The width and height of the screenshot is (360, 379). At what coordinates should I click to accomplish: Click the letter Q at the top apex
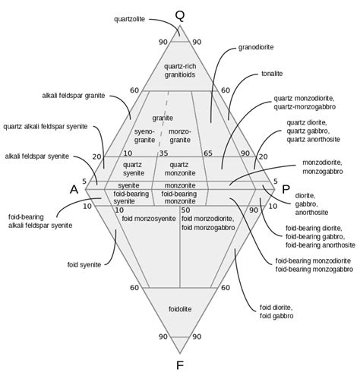[179, 15]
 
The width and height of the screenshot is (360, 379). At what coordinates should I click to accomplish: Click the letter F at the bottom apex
[179, 365]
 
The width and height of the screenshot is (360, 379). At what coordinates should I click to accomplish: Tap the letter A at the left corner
[74, 190]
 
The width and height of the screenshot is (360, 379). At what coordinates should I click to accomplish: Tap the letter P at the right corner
[286, 190]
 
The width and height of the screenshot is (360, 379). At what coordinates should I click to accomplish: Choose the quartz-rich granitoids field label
[179, 71]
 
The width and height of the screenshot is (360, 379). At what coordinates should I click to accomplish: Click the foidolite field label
[179, 310]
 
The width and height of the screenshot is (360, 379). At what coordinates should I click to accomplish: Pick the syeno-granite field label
[145, 136]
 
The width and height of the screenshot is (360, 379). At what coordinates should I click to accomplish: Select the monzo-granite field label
[180, 136]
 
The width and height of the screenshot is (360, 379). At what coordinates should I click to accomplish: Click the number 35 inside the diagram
[163, 153]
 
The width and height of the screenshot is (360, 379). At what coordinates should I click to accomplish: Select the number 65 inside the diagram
[207, 153]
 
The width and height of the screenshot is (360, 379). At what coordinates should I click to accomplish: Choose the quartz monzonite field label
[179, 169]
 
